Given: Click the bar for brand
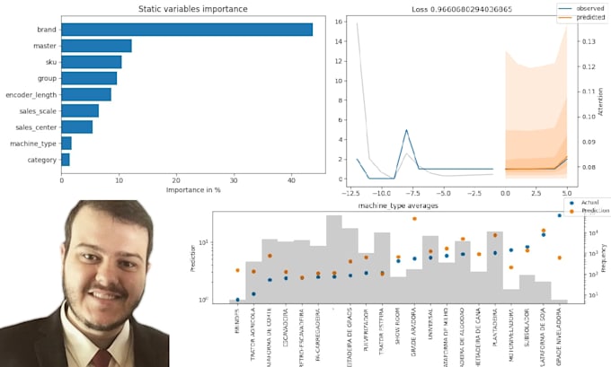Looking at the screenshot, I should tap(187, 30).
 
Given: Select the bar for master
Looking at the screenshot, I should tap(96, 46).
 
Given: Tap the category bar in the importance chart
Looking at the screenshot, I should tap(65, 159).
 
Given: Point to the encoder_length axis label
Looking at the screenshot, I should tap(31, 94).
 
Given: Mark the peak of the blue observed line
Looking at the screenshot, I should tap(407, 130).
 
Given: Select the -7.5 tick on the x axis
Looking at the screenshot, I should tap(408, 193).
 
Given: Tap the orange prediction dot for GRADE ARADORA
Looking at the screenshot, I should tap(414, 219).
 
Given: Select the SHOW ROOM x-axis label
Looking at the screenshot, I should tap(398, 318).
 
